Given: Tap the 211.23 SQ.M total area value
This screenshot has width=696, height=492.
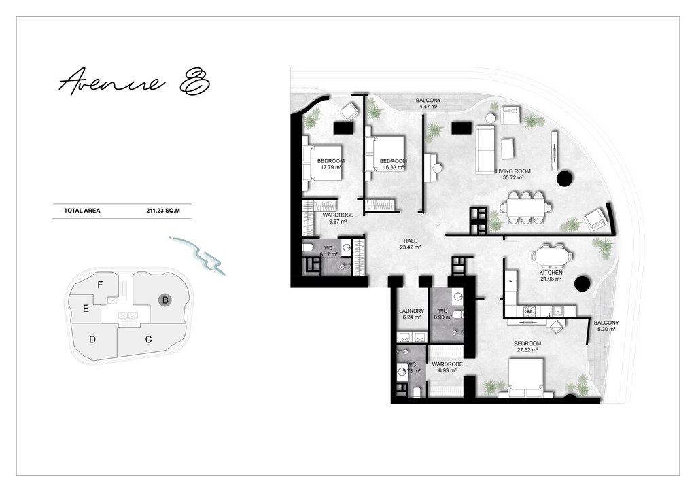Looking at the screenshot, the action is tap(163, 211).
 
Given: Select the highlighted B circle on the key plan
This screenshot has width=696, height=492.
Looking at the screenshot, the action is tap(165, 300).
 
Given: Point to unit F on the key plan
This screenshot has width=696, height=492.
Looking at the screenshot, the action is tap(100, 285).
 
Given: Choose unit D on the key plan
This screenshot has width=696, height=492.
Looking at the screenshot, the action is tap(92, 339).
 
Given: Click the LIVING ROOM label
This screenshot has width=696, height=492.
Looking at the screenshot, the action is tap(513, 174).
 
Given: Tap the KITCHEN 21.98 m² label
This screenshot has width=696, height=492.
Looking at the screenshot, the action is tap(551, 275).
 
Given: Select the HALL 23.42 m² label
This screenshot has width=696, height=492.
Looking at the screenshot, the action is tap(410, 244).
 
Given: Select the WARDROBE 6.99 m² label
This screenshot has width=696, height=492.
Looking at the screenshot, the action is tap(447, 368).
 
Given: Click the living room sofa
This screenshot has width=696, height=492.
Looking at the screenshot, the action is tap(485, 150).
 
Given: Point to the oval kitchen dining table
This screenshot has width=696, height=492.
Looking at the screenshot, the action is tap(551, 256).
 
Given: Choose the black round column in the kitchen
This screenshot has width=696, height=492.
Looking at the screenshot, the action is tap(582, 283).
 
